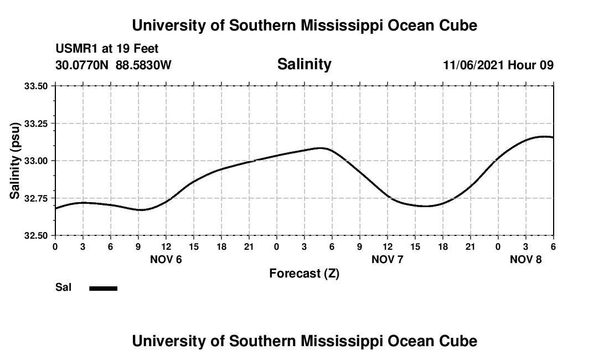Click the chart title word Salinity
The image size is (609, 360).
pyautogui.click(x=304, y=64)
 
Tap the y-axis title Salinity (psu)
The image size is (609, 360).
pyautogui.click(x=16, y=160)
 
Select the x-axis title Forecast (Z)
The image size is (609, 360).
pyautogui.click(x=304, y=273)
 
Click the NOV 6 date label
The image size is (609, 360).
pyautogui.click(x=166, y=259)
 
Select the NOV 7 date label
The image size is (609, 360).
pyautogui.click(x=388, y=259)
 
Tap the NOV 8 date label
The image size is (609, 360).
pyautogui.click(x=526, y=259)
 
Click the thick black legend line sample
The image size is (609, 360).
pyautogui.click(x=103, y=288)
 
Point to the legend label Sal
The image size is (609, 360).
pyautogui.click(x=63, y=287)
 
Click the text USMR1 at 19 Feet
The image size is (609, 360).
pyautogui.click(x=107, y=49)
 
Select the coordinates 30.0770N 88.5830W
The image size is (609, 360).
pyautogui.click(x=113, y=65)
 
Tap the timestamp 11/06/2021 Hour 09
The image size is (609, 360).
pyautogui.click(x=498, y=65)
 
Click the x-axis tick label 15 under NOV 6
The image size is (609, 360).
pyautogui.click(x=194, y=246)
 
